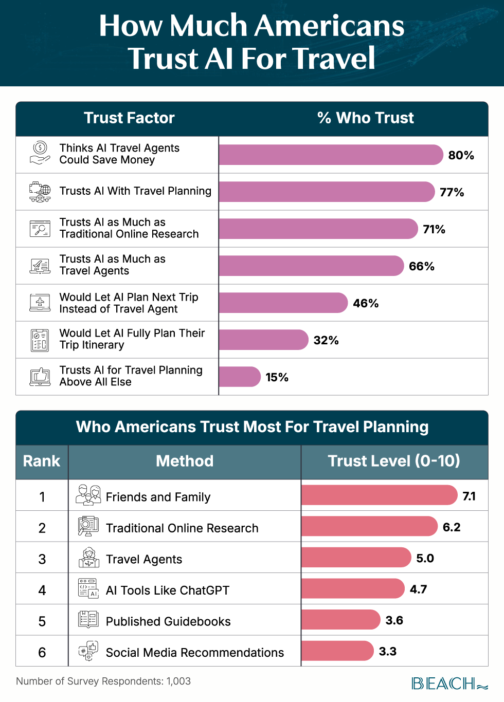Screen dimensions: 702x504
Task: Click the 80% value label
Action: click(x=461, y=155)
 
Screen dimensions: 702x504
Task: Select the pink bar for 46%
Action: click(x=283, y=303)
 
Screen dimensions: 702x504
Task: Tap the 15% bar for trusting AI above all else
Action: click(x=239, y=377)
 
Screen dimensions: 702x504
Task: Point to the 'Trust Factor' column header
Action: click(x=129, y=118)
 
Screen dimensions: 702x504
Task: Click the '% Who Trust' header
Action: click(x=365, y=118)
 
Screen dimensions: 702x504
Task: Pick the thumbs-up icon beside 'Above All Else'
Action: click(x=40, y=377)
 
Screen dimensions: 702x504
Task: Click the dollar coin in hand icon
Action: click(x=40, y=153)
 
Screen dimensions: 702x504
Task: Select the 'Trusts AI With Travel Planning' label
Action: click(x=135, y=191)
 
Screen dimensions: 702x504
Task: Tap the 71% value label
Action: click(x=434, y=229)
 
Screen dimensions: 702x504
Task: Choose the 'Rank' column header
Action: click(x=42, y=461)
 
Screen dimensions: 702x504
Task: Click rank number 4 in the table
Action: click(x=42, y=590)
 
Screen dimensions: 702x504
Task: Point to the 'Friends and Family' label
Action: click(x=158, y=497)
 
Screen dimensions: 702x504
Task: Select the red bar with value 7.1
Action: click(x=379, y=495)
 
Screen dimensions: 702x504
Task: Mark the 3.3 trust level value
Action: click(x=388, y=652)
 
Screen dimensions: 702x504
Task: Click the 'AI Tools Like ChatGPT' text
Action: click(x=168, y=590)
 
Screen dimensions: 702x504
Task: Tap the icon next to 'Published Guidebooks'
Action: click(x=88, y=619)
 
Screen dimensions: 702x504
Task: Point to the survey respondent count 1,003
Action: click(x=178, y=681)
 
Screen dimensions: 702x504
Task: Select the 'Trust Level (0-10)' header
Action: click(x=394, y=461)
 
